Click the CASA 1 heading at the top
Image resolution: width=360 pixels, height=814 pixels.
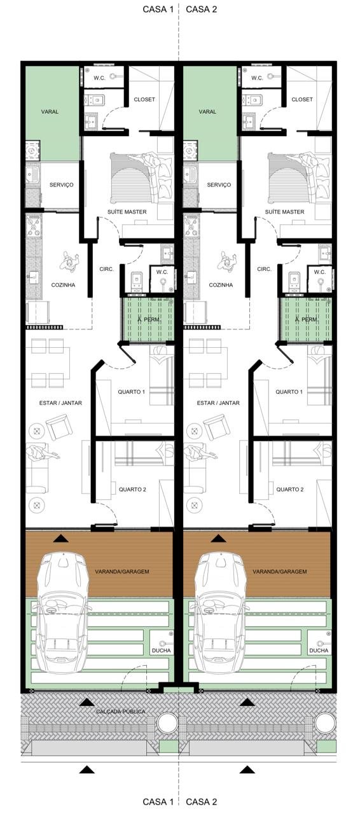coord(158,10)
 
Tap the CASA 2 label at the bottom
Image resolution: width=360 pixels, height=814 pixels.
coord(201,802)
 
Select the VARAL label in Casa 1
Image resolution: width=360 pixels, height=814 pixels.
coord(50,112)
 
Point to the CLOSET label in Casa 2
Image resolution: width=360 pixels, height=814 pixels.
coord(302,99)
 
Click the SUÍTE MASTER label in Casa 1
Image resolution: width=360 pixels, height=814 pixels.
coord(127,212)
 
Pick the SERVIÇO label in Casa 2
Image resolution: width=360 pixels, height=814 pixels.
coord(219,184)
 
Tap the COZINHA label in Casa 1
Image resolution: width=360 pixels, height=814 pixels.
coord(63,285)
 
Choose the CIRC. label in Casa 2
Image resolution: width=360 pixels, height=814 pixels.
coord(264,269)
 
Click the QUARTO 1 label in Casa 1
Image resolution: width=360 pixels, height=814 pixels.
coord(131,392)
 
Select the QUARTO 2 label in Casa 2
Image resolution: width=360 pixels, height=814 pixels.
coord(290,490)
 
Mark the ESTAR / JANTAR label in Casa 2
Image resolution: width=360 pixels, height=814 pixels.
coord(218,403)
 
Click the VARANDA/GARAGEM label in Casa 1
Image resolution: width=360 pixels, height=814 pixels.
coord(122,572)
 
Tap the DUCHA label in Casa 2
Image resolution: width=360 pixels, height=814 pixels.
coord(319,651)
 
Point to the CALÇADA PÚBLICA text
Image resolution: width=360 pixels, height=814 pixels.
coord(121,711)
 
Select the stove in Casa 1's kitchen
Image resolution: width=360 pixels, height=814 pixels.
coord(34,226)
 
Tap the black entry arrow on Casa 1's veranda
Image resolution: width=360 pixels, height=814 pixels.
coord(60,538)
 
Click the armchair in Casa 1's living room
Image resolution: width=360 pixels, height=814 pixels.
coord(58,427)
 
